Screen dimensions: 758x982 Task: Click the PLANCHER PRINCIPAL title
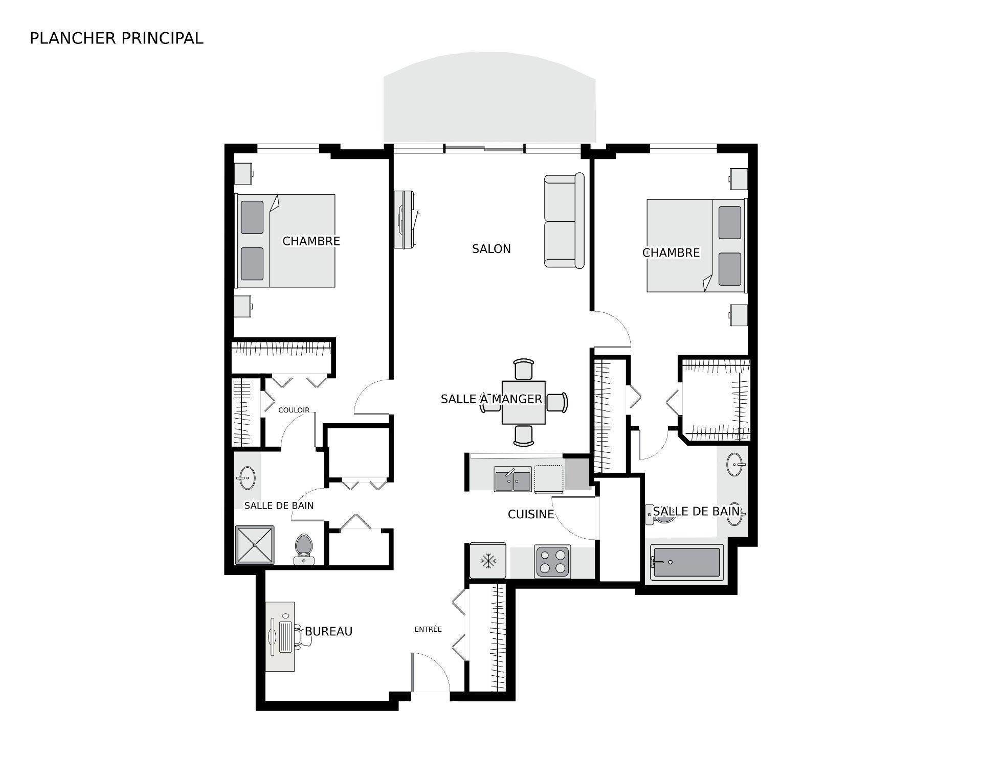pyautogui.click(x=116, y=38)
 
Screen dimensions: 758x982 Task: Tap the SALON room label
pyautogui.click(x=491, y=249)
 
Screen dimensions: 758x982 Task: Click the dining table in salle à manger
pyautogui.click(x=523, y=402)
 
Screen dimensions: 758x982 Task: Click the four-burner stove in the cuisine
pyautogui.click(x=552, y=561)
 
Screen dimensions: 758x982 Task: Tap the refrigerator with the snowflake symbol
pyautogui.click(x=488, y=561)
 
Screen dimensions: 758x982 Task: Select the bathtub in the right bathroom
pyautogui.click(x=686, y=562)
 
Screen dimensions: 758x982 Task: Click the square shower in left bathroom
pyautogui.click(x=255, y=545)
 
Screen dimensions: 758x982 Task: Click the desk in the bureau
pyautogui.click(x=280, y=636)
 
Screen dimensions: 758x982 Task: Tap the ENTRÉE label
pyautogui.click(x=428, y=629)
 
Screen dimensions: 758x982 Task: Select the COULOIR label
pyautogui.click(x=294, y=410)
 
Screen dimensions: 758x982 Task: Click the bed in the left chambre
pyautogui.click(x=285, y=241)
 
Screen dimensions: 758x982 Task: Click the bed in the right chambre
pyautogui.click(x=696, y=245)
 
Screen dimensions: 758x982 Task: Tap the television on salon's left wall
pyautogui.click(x=405, y=220)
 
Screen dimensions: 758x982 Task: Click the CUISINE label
pyautogui.click(x=530, y=514)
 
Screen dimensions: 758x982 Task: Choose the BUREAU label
pyautogui.click(x=328, y=631)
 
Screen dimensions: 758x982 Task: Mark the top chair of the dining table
pyautogui.click(x=524, y=369)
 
